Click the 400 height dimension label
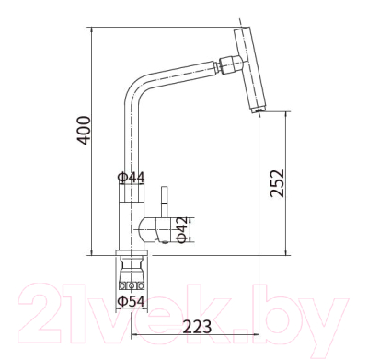click(84, 130)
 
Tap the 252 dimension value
click(277, 183)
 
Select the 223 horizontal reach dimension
click(197, 327)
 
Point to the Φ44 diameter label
click(132, 177)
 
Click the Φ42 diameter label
click(182, 230)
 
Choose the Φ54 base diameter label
click(132, 302)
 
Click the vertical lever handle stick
click(164, 201)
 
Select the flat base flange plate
click(132, 253)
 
